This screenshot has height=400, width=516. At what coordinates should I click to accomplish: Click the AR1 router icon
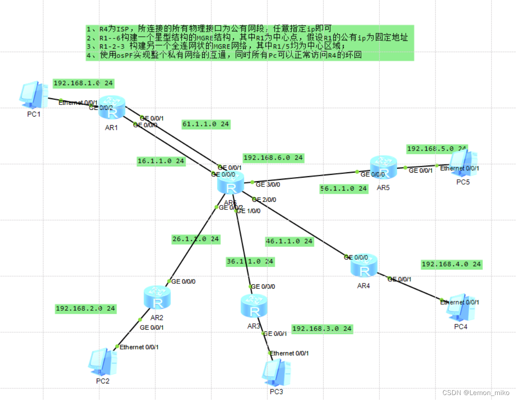coord(112,108)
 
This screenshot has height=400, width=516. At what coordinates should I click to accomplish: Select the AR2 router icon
coord(157,298)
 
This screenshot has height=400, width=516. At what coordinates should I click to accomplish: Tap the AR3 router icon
coord(254,306)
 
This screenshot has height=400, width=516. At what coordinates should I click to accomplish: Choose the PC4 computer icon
coord(461,308)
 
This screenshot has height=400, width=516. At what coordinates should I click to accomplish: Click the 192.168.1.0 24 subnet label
coord(83,83)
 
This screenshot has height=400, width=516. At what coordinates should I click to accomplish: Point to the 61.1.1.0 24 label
coord(206,124)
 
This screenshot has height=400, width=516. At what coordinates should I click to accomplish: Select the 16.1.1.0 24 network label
coord(161,161)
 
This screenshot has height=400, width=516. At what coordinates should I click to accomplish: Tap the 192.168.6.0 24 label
coord(273,158)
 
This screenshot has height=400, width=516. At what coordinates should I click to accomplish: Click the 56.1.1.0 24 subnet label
coord(344,189)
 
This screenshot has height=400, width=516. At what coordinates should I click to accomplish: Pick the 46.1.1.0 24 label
coord(289,241)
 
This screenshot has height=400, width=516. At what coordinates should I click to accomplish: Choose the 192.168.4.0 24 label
coord(451,265)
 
